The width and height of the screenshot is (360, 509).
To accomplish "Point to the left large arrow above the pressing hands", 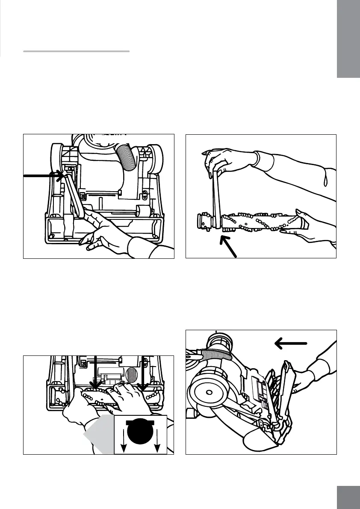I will pyautogui.click(x=95, y=372).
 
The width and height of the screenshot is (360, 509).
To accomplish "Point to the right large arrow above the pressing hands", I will pyautogui.click(x=143, y=372).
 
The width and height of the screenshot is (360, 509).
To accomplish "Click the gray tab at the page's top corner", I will pyautogui.click(x=348, y=38).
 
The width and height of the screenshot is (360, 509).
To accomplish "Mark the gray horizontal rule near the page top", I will pyautogui.click(x=76, y=51).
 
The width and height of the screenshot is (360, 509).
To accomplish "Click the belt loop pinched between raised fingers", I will pyautogui.click(x=217, y=192).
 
